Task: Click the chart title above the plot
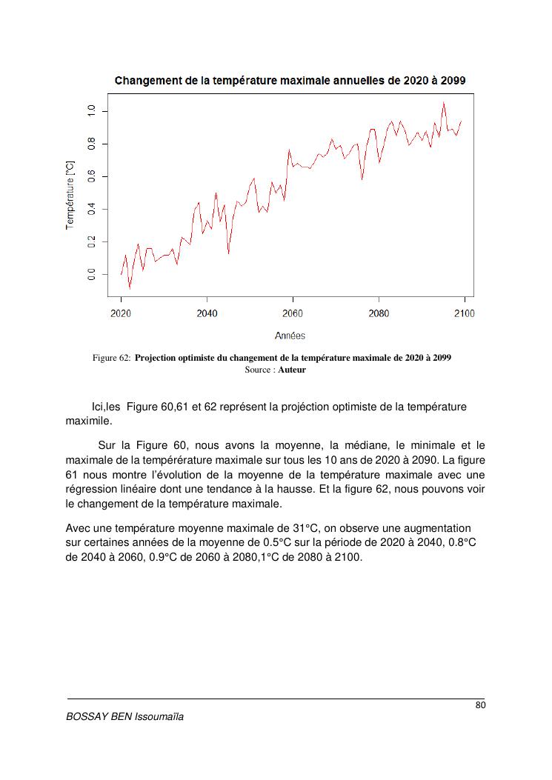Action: click(290, 80)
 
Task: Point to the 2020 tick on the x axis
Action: click(121, 314)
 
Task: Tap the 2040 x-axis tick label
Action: click(207, 314)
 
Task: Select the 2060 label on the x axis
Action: click(293, 314)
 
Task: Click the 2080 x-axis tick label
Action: click(379, 314)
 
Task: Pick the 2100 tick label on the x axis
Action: click(464, 314)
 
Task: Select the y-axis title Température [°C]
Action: click(70, 194)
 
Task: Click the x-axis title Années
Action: click(290, 336)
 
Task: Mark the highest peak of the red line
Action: click(444, 103)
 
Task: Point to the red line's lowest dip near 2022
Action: click(130, 288)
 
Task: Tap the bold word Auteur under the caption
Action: click(292, 370)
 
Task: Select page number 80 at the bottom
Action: click(480, 704)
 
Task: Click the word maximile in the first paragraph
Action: click(88, 421)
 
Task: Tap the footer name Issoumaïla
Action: click(159, 717)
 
